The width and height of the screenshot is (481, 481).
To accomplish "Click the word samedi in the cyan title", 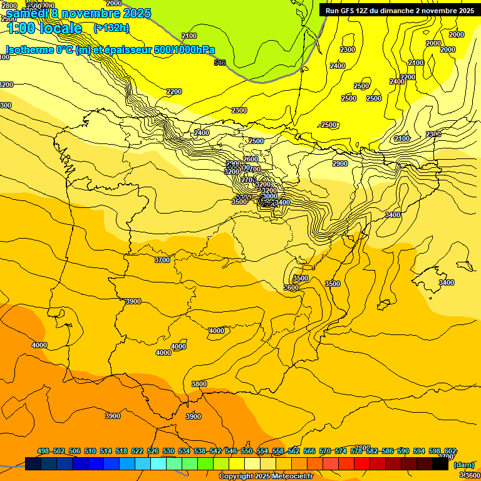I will tap(27, 13).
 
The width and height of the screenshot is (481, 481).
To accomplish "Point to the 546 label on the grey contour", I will tap(219, 63).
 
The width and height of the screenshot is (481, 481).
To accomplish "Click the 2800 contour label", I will tap(9, 5).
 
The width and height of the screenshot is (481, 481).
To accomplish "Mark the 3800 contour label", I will tap(199, 384).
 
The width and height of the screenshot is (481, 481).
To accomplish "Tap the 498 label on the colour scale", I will tap(43, 451).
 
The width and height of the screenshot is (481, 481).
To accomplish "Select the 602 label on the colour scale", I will tap(450, 451).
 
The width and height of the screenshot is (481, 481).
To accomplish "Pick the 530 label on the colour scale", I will tap(168, 451).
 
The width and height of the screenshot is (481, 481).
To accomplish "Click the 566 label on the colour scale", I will tap(309, 451).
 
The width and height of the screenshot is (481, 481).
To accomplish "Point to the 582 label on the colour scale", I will tap(372, 451).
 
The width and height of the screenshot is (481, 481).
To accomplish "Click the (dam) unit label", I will tap(463, 465).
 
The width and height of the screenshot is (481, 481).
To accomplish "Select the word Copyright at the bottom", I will tap(235, 477).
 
